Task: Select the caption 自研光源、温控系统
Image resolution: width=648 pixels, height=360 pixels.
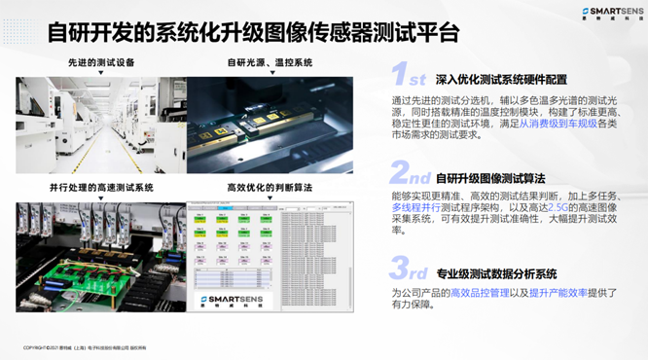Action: coord(270,63)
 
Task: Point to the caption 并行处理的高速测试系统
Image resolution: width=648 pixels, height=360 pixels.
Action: coord(101,187)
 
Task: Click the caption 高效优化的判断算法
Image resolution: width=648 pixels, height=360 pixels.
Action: coord(270,187)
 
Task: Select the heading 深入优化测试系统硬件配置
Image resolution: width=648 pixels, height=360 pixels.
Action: coord(501,80)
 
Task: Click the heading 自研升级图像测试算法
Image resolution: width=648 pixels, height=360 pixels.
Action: coord(490,178)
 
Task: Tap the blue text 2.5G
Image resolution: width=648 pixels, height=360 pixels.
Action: coord(556,207)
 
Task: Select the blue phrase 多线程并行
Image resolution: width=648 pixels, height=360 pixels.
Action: coord(418,207)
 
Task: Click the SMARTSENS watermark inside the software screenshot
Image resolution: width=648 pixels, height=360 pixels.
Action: coord(236,300)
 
